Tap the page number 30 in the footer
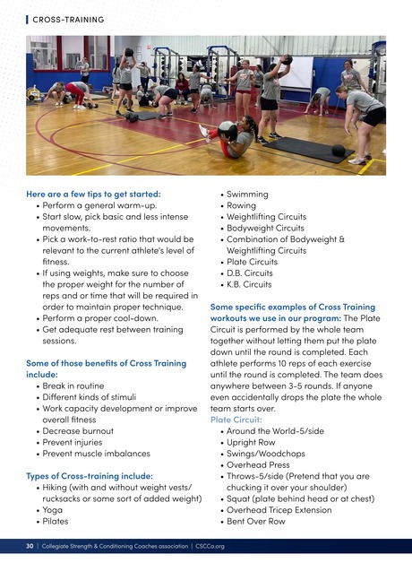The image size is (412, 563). tap(30, 544)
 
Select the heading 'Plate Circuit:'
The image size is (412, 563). tap(236, 420)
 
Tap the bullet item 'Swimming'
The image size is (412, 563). tap(247, 195)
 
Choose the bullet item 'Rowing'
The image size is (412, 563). tap(242, 205)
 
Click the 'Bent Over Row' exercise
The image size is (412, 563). tap(256, 521)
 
